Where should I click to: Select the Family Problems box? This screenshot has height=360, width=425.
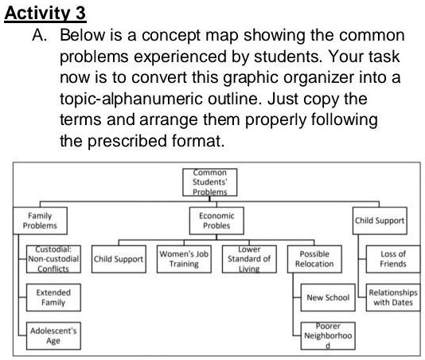pos(41,220)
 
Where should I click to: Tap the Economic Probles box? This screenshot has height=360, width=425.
pos(215,220)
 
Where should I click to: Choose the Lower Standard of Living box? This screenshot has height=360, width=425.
pos(248,258)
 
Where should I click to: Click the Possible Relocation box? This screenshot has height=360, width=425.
pos(314,258)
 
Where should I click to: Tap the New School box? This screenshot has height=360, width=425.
pos(327,298)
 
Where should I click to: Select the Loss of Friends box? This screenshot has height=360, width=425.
pos(392,258)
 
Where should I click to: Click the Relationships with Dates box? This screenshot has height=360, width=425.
pos(392,298)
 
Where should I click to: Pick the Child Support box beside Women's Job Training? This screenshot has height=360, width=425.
pos(119,259)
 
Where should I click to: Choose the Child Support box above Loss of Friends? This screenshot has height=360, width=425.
pos(379,220)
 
